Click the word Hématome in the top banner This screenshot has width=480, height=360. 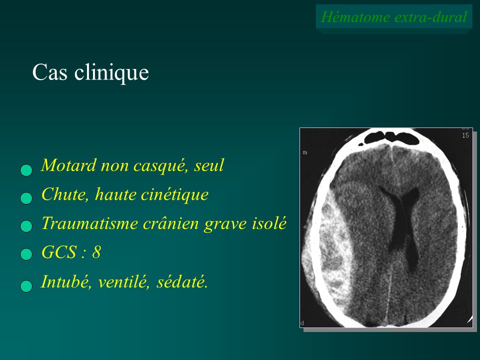pyautogui.click(x=355, y=16)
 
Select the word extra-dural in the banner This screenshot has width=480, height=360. pyautogui.click(x=430, y=17)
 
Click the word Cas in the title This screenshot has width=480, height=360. pyautogui.click(x=49, y=72)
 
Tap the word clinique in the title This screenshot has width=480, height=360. pyautogui.click(x=111, y=73)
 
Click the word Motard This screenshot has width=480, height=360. pyautogui.click(x=69, y=165)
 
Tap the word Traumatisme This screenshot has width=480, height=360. pyautogui.click(x=89, y=223)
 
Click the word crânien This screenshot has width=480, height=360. pyautogui.click(x=171, y=223)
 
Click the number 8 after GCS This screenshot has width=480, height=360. pyautogui.click(x=96, y=252)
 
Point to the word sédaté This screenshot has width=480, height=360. pyautogui.click(x=182, y=281)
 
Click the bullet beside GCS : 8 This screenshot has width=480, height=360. pyautogui.click(x=26, y=254)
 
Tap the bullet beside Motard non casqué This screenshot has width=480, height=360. pyautogui.click(x=26, y=170)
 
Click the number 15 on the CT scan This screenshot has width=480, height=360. pyautogui.click(x=465, y=135)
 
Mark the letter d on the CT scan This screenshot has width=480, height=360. pyautogui.click(x=302, y=323)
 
